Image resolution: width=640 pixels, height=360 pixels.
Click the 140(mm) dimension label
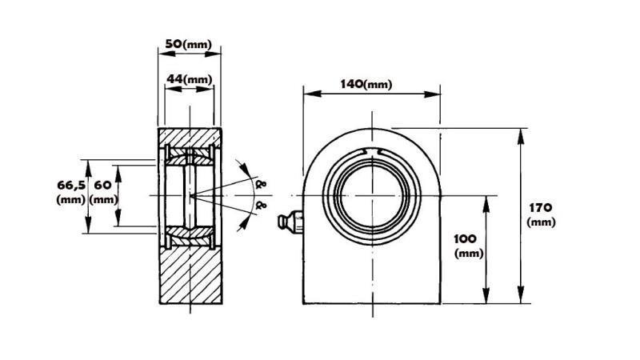coord(366,84)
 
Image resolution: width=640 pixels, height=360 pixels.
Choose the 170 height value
coord(542,207)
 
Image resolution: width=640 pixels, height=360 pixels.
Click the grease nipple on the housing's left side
coord(288,222)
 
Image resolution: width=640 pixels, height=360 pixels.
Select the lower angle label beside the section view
coord(261,206)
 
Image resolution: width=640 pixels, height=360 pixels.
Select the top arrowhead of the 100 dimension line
coord(486,199)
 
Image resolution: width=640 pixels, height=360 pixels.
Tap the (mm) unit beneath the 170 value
coord(542,222)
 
